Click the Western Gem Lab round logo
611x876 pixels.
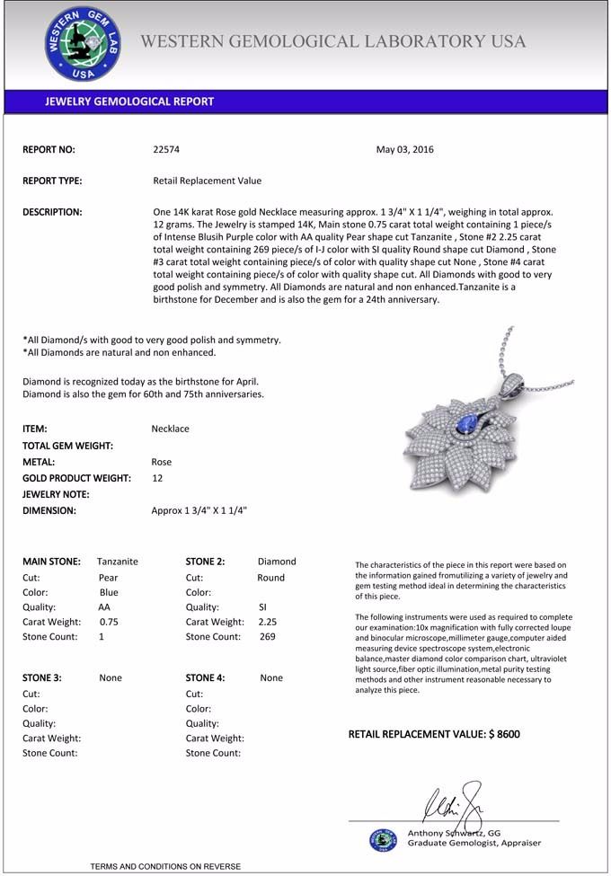coord(80,44)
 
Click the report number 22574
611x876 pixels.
coord(166,150)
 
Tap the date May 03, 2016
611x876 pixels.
coord(404,150)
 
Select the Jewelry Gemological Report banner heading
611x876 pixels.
coord(129,102)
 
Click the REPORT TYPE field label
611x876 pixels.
coord(52,181)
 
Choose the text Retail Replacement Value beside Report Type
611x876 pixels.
coord(208,181)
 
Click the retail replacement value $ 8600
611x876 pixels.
coord(434,734)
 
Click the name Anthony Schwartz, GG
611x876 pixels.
coord(454,833)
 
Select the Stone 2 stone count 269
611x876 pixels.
coord(267,636)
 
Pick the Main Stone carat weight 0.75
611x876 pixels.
coord(109,621)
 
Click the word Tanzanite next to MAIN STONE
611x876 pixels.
coord(118,562)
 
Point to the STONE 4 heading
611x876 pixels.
coord(206,678)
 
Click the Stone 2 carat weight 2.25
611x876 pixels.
coord(268,621)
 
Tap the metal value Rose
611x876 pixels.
coord(161,462)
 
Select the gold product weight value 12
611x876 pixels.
coord(157,478)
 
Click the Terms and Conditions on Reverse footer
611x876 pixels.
coord(165,866)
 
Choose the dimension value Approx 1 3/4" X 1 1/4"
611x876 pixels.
coord(199,510)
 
